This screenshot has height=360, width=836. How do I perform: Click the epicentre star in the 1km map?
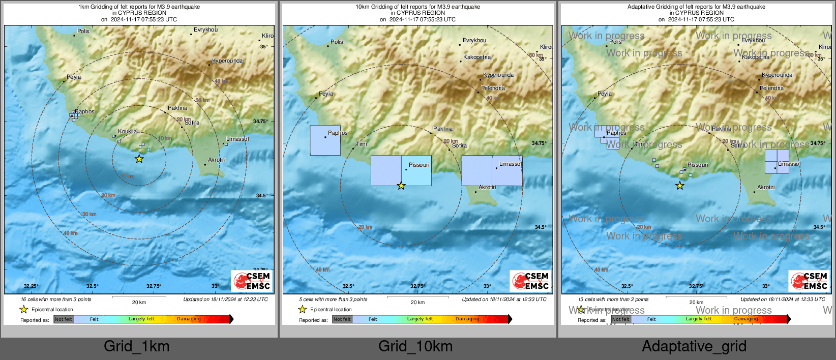tap(139, 159)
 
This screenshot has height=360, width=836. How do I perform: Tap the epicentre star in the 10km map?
tap(401, 186)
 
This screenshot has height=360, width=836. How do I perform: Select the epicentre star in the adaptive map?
tap(680, 186)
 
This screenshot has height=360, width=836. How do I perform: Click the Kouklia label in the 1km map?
tap(127, 131)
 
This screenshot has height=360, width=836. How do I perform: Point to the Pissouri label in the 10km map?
tap(419, 165)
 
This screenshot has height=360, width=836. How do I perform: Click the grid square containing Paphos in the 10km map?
tap(325, 140)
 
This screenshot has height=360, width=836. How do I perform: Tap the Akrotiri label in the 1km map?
tap(217, 160)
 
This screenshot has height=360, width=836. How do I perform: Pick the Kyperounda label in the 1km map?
tap(227, 61)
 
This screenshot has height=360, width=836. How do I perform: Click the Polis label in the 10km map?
tap(337, 42)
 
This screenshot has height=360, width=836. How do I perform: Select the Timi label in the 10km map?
tap(362, 144)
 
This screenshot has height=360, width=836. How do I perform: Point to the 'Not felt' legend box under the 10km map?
tap(342, 319)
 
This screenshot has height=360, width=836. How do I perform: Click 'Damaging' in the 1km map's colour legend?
tap(189, 319)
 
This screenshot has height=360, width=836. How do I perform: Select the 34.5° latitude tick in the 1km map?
tap(262, 196)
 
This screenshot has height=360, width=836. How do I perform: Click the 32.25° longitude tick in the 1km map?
tap(31, 286)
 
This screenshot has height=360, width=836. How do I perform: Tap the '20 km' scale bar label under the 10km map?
tap(417, 303)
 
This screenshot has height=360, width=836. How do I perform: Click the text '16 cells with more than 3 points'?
tap(56, 299)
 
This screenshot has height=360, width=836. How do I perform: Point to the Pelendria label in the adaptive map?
tap(771, 88)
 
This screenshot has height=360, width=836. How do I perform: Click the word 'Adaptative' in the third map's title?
tap(642, 7)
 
